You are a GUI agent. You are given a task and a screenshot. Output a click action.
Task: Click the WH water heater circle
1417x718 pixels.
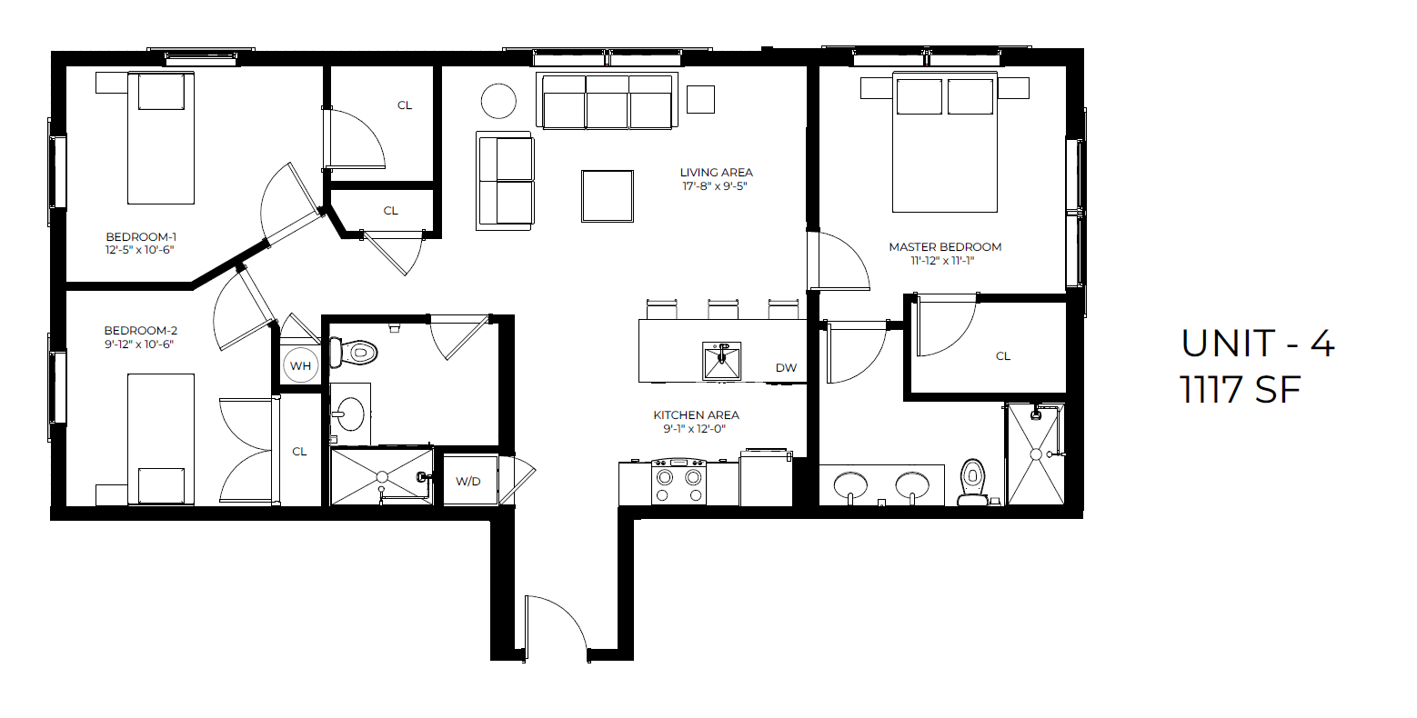click(x=300, y=366)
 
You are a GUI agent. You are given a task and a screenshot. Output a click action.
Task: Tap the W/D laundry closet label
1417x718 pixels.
click(x=468, y=481)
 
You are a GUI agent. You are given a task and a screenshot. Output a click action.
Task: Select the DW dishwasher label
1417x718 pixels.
click(x=786, y=368)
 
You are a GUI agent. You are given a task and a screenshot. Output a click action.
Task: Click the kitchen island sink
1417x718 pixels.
click(x=721, y=361)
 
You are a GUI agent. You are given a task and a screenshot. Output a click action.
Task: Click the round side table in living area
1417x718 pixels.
click(x=498, y=101)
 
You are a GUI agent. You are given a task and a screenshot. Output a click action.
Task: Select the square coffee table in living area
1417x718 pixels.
click(x=608, y=196)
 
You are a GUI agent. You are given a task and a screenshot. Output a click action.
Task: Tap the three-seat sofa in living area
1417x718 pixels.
click(x=607, y=102)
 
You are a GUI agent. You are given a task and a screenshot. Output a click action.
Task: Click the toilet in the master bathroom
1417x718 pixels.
click(x=972, y=482)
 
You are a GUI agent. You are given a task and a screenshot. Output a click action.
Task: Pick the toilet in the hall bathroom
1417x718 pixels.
click(x=354, y=351)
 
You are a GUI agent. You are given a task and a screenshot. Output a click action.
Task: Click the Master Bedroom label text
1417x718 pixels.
click(x=945, y=247)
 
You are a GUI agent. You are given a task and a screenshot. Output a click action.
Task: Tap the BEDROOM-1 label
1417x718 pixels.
click(x=141, y=237)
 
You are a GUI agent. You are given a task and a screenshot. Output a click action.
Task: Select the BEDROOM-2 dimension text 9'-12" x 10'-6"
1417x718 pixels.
click(x=139, y=344)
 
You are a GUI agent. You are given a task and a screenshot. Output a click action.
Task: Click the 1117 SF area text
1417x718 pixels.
click(x=1241, y=391)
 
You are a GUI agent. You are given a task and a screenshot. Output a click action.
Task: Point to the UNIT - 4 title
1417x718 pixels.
click(x=1257, y=344)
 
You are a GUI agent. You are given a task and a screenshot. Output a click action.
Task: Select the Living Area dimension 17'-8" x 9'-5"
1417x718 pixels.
click(x=716, y=186)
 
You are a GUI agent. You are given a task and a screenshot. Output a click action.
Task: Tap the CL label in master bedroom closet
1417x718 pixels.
click(x=1003, y=356)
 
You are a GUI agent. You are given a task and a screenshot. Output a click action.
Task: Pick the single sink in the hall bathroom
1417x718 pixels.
click(x=348, y=414)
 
